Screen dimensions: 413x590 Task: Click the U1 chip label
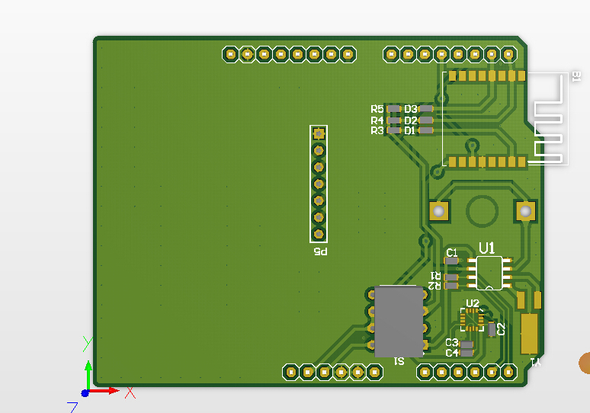[x=487, y=248]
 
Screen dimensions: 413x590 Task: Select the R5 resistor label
[x=377, y=110]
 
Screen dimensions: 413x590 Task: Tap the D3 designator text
[x=411, y=110]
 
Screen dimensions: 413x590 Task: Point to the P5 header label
[x=319, y=252]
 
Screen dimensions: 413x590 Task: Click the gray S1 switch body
[x=399, y=321]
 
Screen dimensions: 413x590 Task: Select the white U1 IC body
[x=489, y=273]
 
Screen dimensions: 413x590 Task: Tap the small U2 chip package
[x=473, y=319]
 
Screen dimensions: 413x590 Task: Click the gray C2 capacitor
[x=492, y=329]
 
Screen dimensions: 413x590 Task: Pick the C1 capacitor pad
[x=452, y=261]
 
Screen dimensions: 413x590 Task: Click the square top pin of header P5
[x=319, y=133]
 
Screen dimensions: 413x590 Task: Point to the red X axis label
[x=130, y=393]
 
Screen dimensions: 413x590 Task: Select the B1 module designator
[x=576, y=75]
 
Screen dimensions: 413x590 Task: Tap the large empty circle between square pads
[x=483, y=210]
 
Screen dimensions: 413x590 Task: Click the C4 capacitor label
[x=451, y=353]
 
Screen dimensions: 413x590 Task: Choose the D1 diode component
[x=426, y=130]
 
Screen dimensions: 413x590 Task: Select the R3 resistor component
[x=394, y=130]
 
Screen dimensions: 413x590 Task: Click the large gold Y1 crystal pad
[x=528, y=334]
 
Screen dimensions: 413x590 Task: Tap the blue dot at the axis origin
[x=85, y=392]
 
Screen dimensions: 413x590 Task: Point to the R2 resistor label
[x=434, y=286]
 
